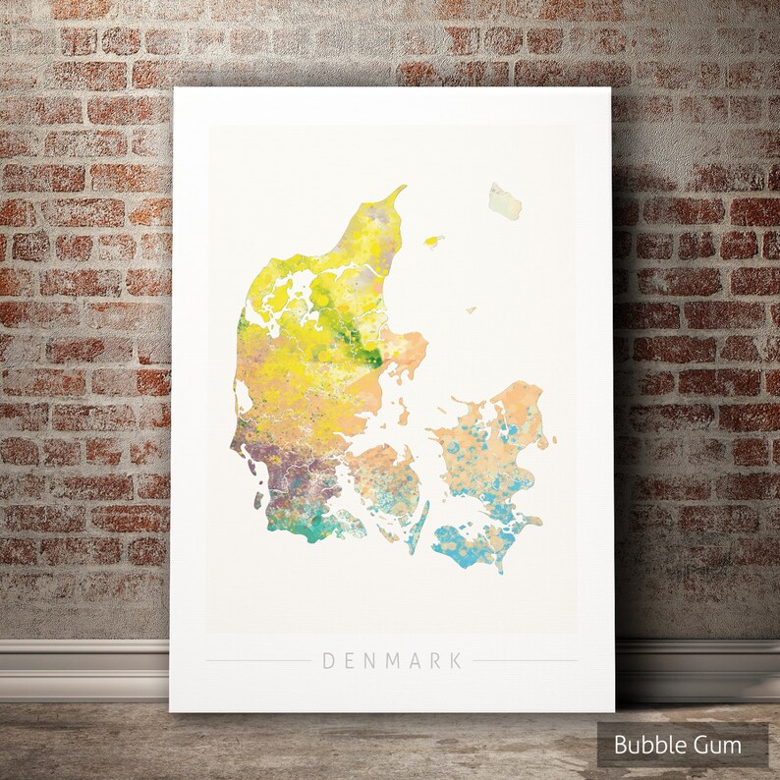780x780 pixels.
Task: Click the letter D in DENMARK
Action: [x=329, y=661]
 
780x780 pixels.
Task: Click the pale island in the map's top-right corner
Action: [x=505, y=200]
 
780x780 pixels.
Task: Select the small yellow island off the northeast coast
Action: [x=432, y=240]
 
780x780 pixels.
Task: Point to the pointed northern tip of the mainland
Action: [x=401, y=188]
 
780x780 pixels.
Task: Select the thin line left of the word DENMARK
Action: [x=257, y=661]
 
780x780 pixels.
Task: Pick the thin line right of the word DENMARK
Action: [x=525, y=661]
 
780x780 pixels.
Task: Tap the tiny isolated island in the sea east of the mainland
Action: [x=471, y=310]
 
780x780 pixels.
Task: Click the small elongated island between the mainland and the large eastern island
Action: [x=403, y=413]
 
